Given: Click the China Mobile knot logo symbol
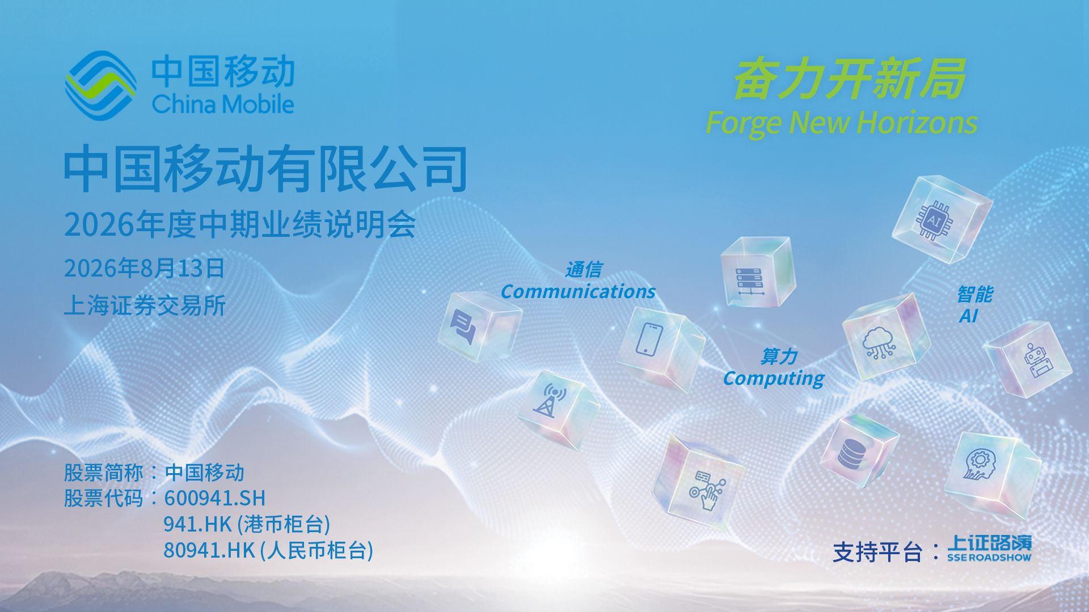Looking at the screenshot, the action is click(x=100, y=85).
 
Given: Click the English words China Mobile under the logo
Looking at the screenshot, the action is click(x=223, y=105).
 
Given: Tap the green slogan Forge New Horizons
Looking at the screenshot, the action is click(x=842, y=122).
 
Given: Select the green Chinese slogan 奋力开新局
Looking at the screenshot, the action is click(x=849, y=79).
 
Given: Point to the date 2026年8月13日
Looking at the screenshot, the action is click(x=144, y=268).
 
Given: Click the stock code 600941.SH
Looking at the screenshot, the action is click(x=214, y=498).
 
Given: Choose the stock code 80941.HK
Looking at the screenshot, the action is click(x=209, y=550).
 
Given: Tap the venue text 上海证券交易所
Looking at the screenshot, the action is click(x=145, y=305).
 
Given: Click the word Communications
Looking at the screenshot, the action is click(x=578, y=291).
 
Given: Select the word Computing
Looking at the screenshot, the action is click(x=774, y=378).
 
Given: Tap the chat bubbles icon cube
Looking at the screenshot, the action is click(x=479, y=326).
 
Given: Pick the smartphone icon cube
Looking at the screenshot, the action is click(x=660, y=347).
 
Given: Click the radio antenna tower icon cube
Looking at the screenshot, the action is click(x=558, y=409).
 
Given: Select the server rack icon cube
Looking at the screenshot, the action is click(x=758, y=273).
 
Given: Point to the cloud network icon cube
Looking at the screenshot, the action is click(x=885, y=337).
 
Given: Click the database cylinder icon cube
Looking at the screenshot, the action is click(x=859, y=452).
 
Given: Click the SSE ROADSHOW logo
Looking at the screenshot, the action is click(x=989, y=548).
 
